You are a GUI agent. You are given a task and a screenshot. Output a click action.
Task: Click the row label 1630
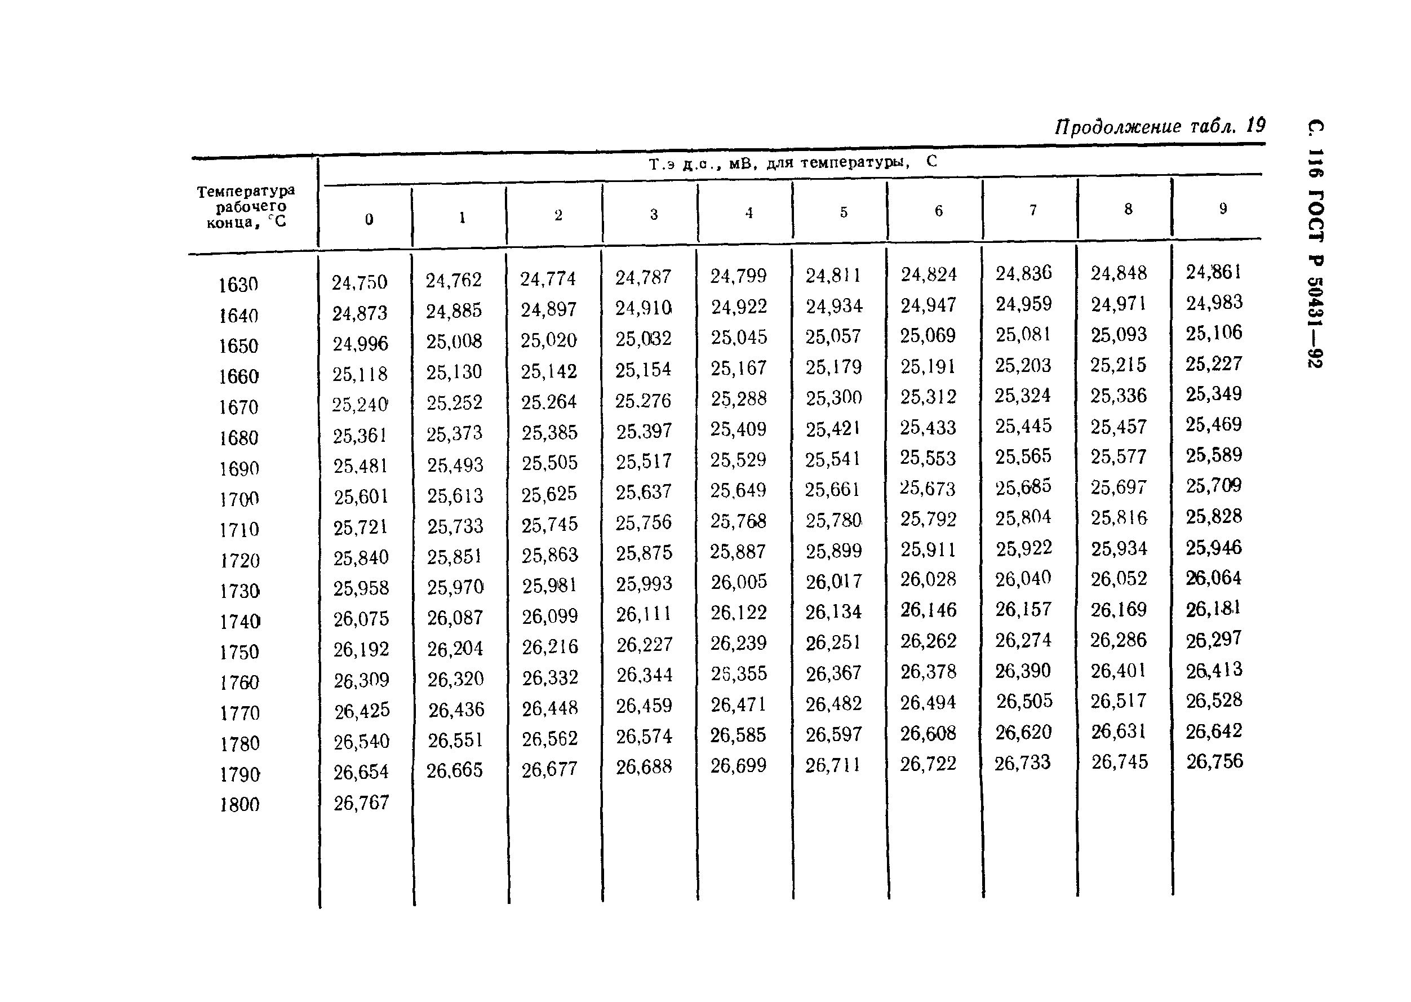[x=238, y=285]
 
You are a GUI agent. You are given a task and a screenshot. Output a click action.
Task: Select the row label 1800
[x=239, y=805]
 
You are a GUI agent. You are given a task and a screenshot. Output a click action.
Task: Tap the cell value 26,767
[x=361, y=803]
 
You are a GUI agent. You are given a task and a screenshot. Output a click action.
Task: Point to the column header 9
[x=1222, y=209]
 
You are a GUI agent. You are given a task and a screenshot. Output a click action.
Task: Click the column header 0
[x=369, y=219]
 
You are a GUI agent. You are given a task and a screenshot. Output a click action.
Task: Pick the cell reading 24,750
[x=359, y=282]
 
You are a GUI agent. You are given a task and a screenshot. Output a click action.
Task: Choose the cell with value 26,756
[x=1214, y=761]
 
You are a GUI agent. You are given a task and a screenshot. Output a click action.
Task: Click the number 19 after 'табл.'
[x=1255, y=125]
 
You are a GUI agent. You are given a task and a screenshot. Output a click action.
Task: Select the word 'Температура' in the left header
[x=246, y=190]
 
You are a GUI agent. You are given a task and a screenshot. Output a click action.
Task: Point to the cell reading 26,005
[x=739, y=582]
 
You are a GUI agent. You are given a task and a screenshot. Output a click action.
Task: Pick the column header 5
[x=844, y=212]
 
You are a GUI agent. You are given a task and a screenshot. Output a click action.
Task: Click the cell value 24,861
[x=1213, y=272]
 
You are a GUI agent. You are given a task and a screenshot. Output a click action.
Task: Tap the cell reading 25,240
[x=360, y=405]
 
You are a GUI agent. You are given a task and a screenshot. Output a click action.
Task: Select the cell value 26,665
[x=455, y=770]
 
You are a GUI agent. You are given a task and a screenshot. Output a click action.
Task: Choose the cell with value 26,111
[x=644, y=614]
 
